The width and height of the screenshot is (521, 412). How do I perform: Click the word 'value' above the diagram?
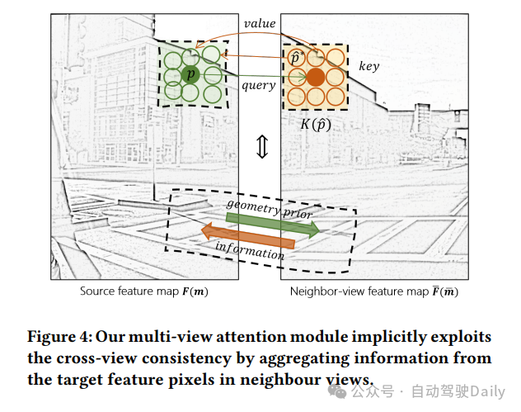click(x=260, y=24)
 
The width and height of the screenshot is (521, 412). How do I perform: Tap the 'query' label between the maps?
click(x=258, y=84)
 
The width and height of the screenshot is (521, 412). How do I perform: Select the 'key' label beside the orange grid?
click(x=368, y=65)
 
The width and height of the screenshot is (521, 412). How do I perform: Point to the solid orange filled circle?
click(x=316, y=78)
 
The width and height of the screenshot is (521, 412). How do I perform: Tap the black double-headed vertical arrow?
click(x=261, y=146)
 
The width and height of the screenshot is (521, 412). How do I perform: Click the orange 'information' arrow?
click(x=248, y=237)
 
